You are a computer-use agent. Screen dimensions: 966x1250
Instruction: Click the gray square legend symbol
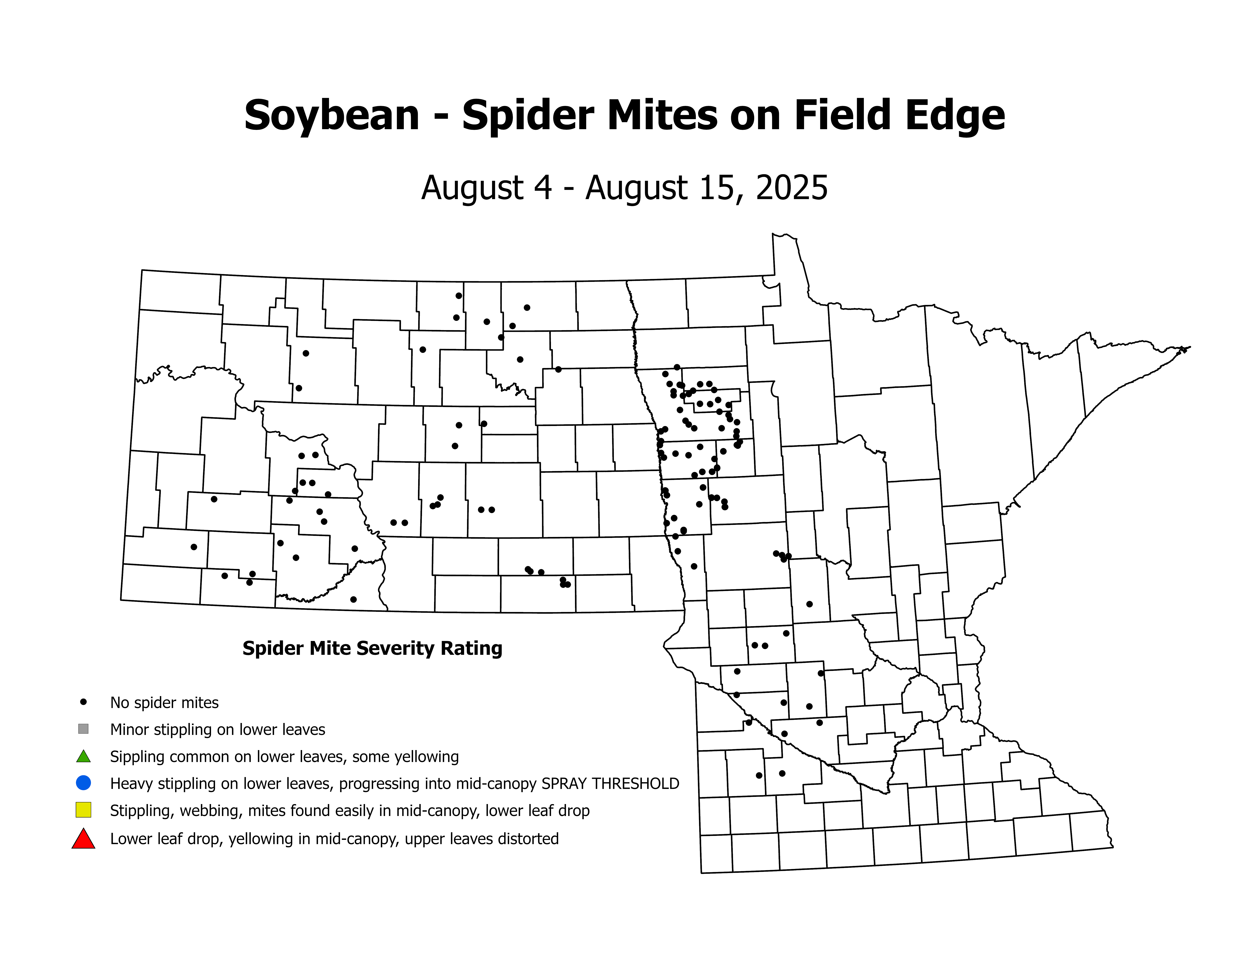click(x=84, y=729)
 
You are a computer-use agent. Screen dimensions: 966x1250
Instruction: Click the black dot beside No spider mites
click(x=84, y=702)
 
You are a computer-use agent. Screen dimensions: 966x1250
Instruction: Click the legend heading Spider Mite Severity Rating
click(x=372, y=648)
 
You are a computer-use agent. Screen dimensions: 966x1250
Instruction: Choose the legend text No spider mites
click(x=164, y=703)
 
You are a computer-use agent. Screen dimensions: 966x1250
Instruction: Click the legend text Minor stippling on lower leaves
click(x=217, y=730)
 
